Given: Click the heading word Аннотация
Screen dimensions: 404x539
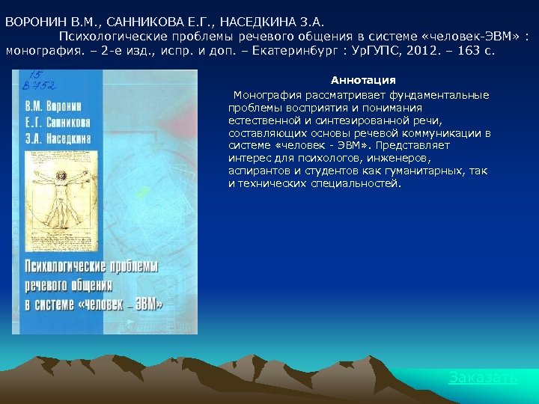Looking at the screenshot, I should pos(363,80).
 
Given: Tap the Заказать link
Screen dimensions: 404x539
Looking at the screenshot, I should pos(483,378).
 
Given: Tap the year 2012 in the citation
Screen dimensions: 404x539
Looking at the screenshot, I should pos(440,53).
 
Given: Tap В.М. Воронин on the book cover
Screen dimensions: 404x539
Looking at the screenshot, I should pos(59,106).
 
